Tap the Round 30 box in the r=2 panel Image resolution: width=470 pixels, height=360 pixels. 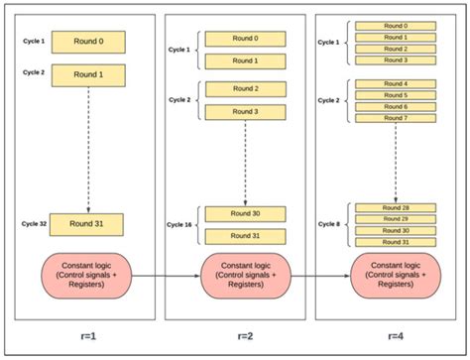244,213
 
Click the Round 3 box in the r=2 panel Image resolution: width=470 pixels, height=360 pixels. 244,111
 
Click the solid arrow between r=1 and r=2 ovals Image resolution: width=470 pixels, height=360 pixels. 166,273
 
